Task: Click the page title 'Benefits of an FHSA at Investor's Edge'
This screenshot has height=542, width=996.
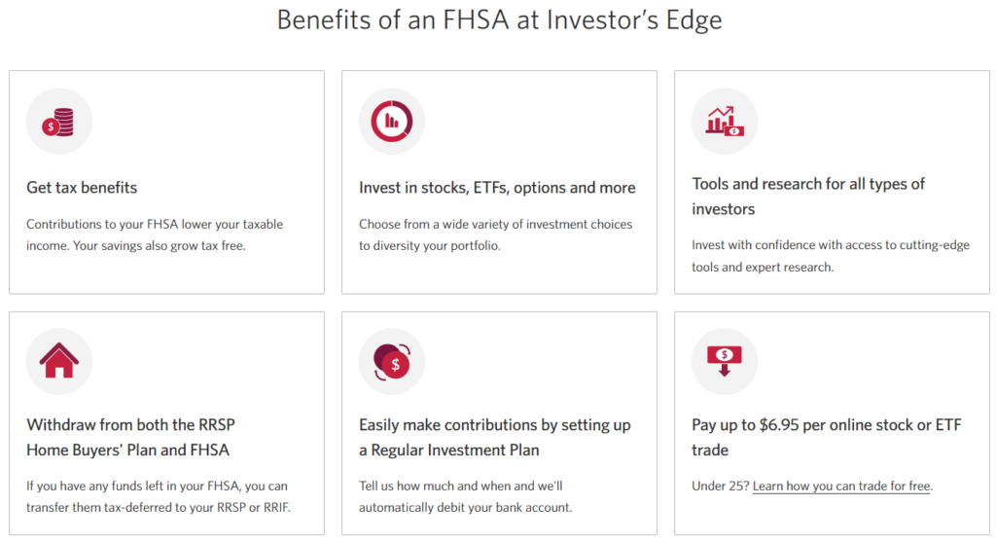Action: [499, 20]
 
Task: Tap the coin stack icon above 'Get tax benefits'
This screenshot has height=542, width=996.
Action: [59, 122]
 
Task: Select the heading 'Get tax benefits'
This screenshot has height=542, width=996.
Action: [82, 188]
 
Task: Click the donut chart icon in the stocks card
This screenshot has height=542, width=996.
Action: [392, 122]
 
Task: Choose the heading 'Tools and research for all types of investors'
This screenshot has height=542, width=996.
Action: [808, 196]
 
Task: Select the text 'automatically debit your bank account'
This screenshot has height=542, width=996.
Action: [465, 507]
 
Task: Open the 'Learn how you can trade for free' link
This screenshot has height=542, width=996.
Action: [841, 486]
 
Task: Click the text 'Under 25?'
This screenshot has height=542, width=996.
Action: [720, 486]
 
